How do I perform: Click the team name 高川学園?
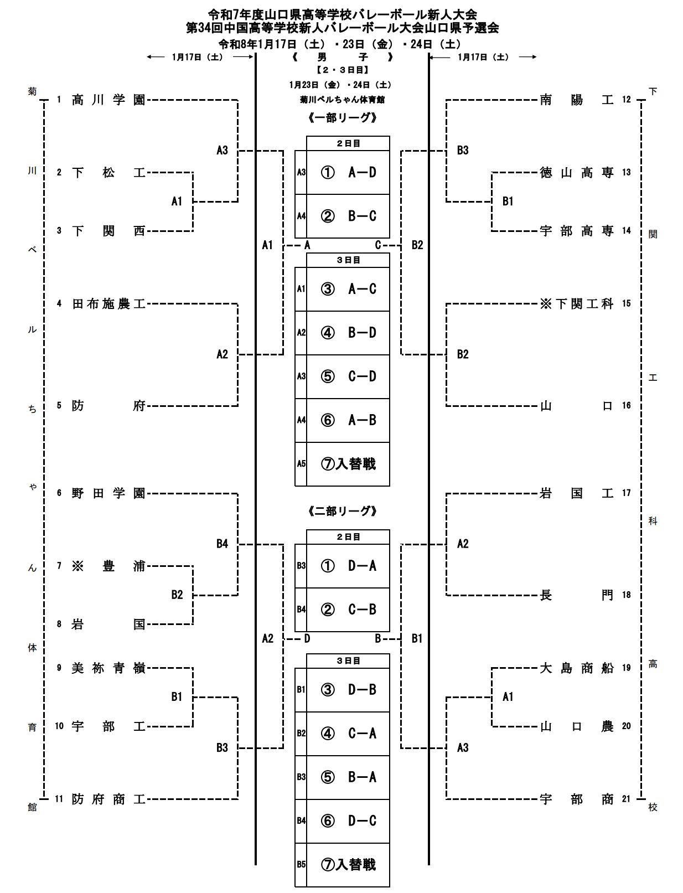[108, 100]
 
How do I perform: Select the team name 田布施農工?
[108, 303]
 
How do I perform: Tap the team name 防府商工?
[108, 799]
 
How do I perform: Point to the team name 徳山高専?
[577, 173]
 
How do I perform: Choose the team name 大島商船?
[577, 668]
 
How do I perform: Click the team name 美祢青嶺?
[108, 668]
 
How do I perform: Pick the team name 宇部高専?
[577, 231]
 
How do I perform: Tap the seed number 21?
[626, 799]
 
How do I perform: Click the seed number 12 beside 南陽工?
[626, 100]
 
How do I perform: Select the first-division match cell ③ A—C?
[348, 289]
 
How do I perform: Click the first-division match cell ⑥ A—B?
[348, 420]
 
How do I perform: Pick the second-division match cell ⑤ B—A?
[348, 777]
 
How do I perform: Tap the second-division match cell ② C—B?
[348, 610]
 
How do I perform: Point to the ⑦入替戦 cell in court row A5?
[348, 464]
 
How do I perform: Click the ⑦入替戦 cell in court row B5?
[348, 864]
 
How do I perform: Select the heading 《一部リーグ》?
[343, 117]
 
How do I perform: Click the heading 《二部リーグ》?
[343, 511]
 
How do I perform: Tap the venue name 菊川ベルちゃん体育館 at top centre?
[343, 100]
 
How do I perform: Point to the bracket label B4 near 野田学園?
[222, 544]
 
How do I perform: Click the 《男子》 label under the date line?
[343, 57]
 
